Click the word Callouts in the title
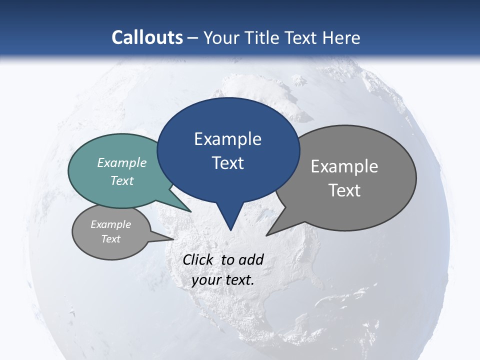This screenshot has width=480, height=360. click(147, 37)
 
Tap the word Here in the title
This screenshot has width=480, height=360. click(342, 37)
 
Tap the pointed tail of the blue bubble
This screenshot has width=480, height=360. click(230, 222)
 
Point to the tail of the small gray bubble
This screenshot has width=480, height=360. click(162, 237)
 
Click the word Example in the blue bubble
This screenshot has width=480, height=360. click(228, 139)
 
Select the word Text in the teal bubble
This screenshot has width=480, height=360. click(122, 181)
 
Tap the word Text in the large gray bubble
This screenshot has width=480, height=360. click(344, 190)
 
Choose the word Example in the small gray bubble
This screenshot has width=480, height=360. click(110, 225)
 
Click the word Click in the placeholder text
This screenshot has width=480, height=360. click(198, 259)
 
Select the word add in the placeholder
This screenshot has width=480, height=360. click(251, 259)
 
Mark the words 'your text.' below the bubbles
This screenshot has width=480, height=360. click(223, 280)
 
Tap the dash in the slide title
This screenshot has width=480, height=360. click(193, 38)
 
